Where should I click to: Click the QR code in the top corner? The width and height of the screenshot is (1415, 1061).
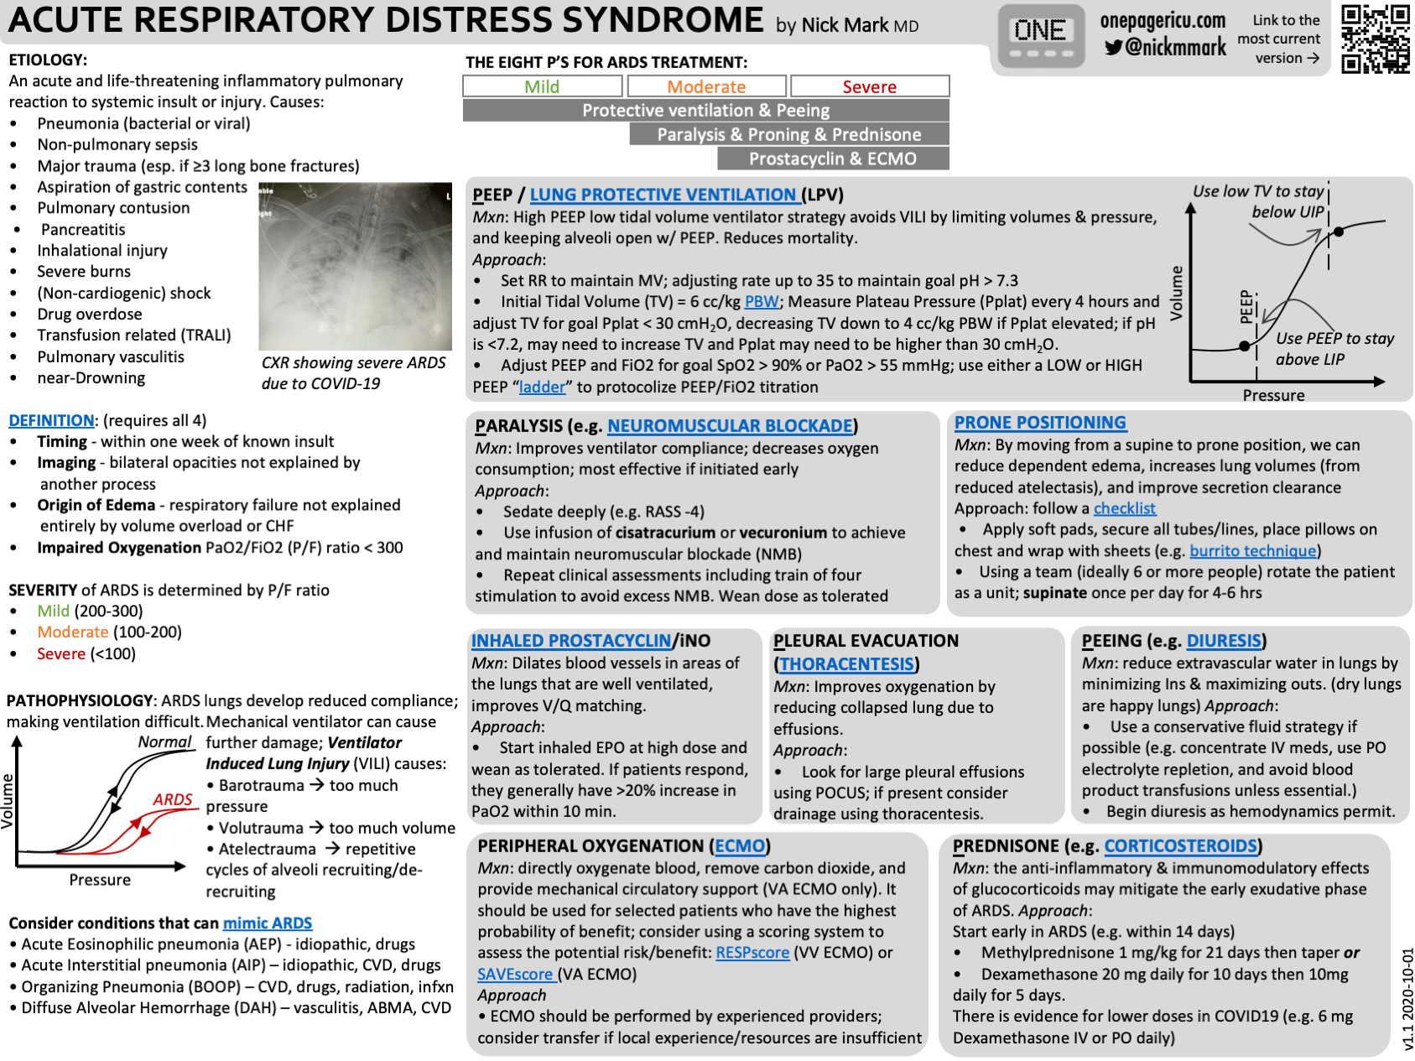pos(1375,39)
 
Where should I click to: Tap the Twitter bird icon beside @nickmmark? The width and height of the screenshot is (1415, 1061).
pos(1113,48)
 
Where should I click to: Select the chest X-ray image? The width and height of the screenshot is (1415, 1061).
pos(355,266)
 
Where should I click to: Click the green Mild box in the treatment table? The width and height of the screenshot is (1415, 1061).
pos(542,86)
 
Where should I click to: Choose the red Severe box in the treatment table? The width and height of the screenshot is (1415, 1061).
pos(869,86)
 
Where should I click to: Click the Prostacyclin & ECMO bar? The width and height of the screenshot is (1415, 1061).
pos(832,159)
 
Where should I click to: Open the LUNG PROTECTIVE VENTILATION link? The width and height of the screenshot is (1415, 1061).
pos(663,195)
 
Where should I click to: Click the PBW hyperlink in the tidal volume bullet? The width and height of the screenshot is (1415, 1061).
pos(762,302)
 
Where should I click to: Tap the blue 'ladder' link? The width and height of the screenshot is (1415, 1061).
pos(542,387)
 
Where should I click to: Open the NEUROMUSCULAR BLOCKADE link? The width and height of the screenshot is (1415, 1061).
pos(730,426)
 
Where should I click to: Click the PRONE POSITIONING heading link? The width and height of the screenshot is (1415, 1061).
pos(1040,423)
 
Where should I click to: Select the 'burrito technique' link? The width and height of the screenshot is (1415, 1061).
pos(1252,551)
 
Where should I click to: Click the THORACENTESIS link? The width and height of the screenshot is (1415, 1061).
pos(846,664)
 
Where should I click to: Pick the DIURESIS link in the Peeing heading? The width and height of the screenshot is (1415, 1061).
pos(1224,641)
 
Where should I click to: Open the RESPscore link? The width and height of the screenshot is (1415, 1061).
pos(752,953)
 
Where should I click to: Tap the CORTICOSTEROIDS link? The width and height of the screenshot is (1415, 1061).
pos(1180,846)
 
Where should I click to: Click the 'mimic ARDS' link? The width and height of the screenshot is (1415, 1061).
pos(268,923)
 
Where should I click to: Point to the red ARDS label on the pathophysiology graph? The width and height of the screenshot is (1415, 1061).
pos(173,799)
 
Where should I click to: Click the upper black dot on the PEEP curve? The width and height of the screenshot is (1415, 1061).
pos(1339,231)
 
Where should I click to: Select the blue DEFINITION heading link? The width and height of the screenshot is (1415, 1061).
pos(51,420)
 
